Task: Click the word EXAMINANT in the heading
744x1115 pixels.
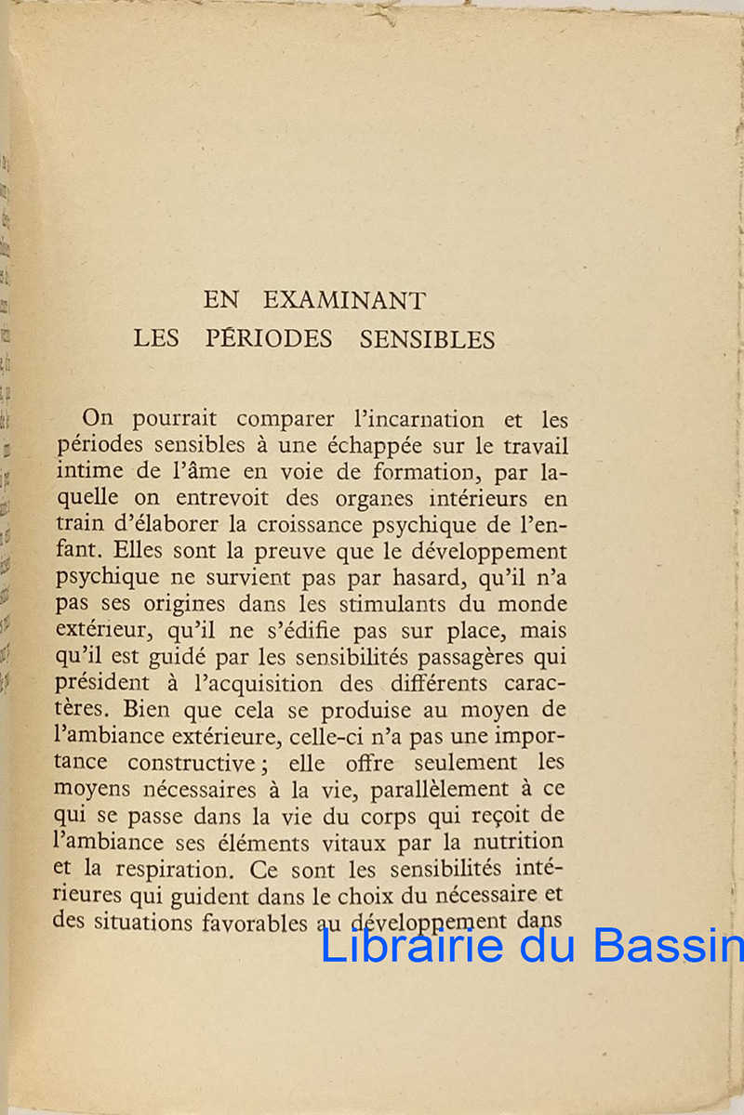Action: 344,301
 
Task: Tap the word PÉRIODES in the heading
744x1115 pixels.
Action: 269,339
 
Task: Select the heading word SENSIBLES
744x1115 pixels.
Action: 427,339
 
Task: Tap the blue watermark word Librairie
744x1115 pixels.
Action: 412,946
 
